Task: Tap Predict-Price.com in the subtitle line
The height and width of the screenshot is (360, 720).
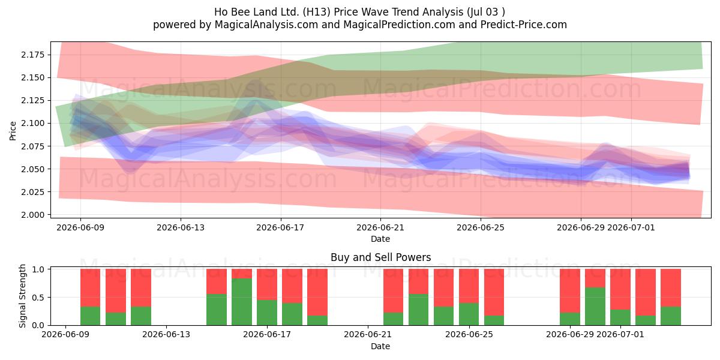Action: point(524,25)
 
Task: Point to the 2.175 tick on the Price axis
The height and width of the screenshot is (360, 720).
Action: point(33,55)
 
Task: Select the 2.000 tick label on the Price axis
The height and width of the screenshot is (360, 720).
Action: point(33,215)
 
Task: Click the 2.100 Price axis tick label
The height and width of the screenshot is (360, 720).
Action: point(33,124)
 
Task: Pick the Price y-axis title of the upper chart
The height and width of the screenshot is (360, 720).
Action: point(13,131)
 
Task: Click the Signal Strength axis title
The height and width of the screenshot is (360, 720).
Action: point(23,296)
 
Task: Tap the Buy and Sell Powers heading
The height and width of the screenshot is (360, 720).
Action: point(380,257)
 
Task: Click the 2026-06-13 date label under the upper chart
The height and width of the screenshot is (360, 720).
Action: point(181,227)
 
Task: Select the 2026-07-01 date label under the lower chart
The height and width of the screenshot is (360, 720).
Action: point(620,335)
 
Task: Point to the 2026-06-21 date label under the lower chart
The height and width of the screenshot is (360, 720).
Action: point(368,335)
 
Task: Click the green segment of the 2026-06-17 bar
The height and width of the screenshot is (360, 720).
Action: point(267,313)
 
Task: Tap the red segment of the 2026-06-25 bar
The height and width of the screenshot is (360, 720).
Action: point(469,286)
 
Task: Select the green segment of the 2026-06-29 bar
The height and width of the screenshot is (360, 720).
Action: point(570,319)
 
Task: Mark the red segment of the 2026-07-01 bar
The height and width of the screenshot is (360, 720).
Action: point(620,289)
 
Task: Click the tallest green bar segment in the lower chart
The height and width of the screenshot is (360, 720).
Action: point(242,302)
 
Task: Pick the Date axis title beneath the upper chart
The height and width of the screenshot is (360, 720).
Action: point(380,239)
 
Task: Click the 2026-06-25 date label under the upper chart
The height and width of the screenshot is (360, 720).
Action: point(481,227)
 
